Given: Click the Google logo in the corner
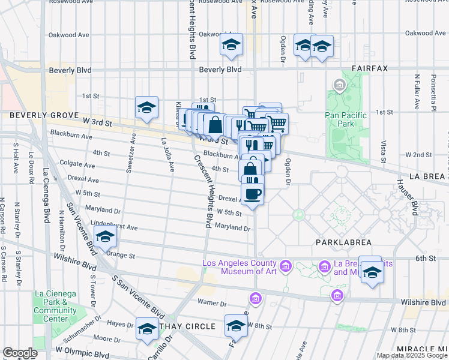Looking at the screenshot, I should (20, 353).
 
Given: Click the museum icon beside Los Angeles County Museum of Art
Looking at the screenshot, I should (285, 265).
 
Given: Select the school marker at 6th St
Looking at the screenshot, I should (372, 272).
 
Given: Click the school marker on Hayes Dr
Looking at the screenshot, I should (146, 329).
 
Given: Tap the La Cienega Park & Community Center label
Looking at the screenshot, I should (55, 306).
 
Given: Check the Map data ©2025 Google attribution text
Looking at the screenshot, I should (412, 355).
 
